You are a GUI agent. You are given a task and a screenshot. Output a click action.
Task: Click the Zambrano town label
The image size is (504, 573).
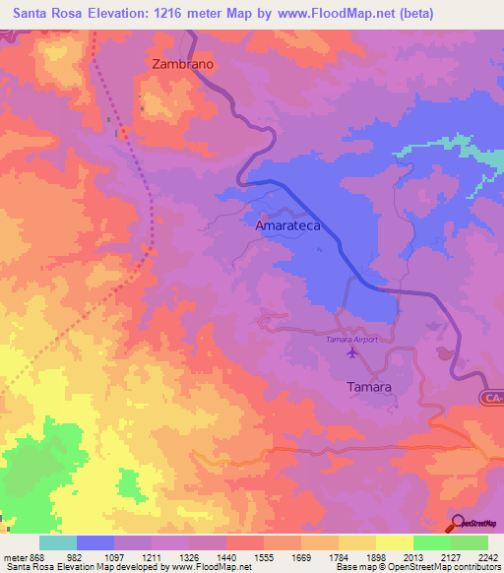(x=183, y=63)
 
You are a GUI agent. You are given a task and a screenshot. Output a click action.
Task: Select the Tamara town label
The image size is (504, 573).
(x=369, y=387)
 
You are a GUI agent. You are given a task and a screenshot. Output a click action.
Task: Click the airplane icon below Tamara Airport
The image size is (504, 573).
(x=353, y=355)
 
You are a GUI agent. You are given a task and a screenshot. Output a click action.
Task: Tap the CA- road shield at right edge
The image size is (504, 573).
(x=492, y=398)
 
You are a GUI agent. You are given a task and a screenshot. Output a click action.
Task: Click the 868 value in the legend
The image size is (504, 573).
(x=38, y=558)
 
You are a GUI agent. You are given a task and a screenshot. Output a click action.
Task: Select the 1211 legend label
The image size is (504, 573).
(x=151, y=558)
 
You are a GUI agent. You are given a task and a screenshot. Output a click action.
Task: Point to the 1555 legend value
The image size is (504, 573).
(x=263, y=558)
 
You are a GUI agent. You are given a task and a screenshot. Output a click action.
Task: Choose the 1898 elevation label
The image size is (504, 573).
(x=375, y=558)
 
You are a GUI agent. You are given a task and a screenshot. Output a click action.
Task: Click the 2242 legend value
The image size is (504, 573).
(x=487, y=558)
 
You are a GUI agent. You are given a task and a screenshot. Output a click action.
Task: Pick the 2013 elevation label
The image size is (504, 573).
(x=412, y=558)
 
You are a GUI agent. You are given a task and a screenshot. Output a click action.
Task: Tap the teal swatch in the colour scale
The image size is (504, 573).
(x=57, y=542)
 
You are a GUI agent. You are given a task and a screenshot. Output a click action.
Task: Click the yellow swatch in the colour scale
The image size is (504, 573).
(x=394, y=542)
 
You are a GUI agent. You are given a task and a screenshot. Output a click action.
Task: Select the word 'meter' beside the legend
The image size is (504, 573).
(x=14, y=558)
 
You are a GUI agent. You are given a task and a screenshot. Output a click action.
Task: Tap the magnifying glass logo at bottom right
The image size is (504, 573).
(x=460, y=523)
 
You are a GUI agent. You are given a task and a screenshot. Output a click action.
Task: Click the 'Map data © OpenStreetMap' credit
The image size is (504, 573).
(x=448, y=149)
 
